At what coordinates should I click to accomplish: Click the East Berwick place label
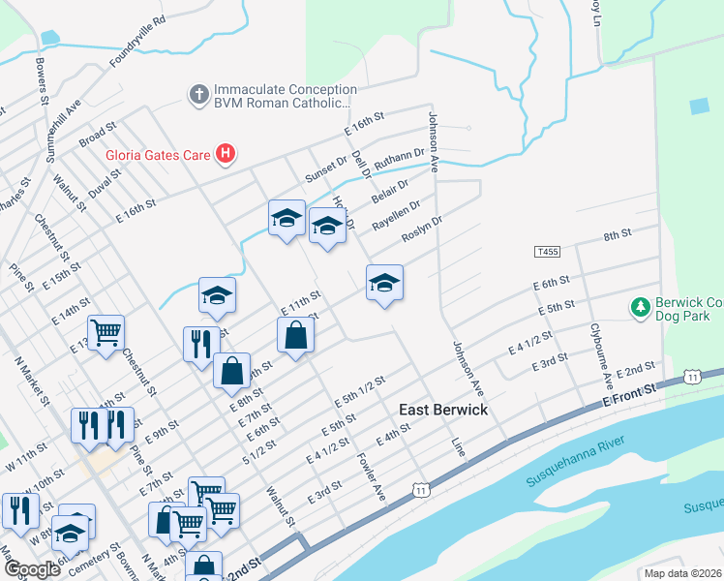443,410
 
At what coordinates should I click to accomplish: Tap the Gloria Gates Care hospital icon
226,153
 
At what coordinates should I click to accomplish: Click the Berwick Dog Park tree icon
639,308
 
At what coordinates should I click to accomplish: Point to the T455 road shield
547,252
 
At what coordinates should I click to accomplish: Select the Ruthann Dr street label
400,159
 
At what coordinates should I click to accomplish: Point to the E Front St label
629,387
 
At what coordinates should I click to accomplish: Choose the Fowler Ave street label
372,477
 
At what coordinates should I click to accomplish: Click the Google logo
32,569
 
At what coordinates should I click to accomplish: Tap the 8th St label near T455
617,235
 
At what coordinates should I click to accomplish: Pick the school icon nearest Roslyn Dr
384,283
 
